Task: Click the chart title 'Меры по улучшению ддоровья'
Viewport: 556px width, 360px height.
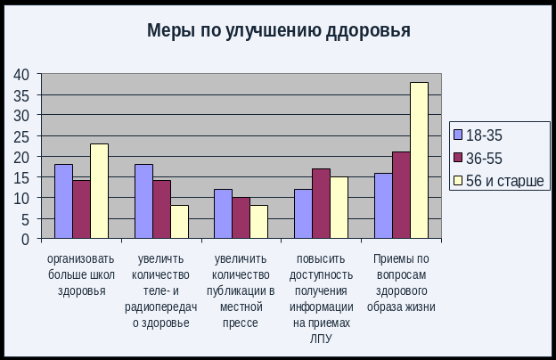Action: click(278, 31)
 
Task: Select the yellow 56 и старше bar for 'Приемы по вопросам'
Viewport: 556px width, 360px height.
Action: click(419, 160)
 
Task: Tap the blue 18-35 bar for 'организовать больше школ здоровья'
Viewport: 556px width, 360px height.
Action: click(63, 201)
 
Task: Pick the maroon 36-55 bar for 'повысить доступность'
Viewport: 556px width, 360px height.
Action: click(321, 203)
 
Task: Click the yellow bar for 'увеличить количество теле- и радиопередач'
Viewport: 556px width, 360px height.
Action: click(179, 222)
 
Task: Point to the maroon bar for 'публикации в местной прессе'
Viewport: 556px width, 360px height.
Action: click(241, 217)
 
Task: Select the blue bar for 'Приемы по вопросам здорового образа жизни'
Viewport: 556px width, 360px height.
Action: click(383, 206)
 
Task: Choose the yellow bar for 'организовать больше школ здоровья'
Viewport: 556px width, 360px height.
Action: click(99, 191)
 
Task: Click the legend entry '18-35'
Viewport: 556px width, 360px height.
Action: click(486, 135)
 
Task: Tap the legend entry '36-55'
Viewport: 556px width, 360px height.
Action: click(486, 158)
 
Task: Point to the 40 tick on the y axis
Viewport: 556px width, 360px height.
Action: click(21, 74)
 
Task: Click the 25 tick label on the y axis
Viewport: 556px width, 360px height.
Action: click(21, 135)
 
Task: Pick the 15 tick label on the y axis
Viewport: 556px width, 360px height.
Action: click(21, 177)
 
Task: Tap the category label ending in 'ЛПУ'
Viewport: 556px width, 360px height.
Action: click(321, 299)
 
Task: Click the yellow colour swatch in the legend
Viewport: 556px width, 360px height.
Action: click(459, 181)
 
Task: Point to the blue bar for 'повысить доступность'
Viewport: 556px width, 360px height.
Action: click(303, 214)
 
